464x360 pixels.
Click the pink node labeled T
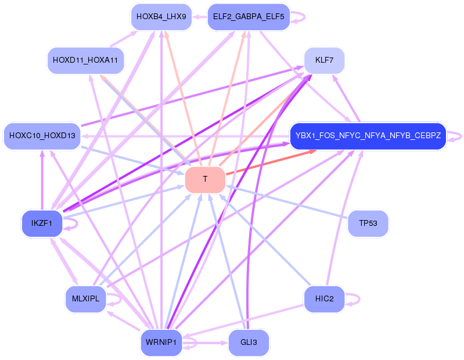click(x=205, y=179)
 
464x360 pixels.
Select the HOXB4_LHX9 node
click(x=161, y=17)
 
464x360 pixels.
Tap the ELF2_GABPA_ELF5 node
click(x=249, y=17)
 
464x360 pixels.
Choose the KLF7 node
click(x=324, y=60)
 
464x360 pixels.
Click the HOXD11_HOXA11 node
click(x=85, y=60)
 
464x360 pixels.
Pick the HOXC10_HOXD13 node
click(x=42, y=136)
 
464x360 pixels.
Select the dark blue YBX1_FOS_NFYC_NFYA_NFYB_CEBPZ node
click(x=368, y=136)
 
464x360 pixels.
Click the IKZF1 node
click(x=42, y=224)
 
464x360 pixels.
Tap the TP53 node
click(x=368, y=224)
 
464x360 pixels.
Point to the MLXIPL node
click(x=85, y=299)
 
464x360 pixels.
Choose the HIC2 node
click(x=324, y=299)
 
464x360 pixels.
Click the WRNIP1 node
click(x=161, y=343)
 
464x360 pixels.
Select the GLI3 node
click(x=249, y=343)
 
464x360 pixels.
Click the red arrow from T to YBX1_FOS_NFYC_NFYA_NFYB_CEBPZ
click(x=271, y=162)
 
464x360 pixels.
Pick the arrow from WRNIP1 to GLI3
click(x=205, y=343)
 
